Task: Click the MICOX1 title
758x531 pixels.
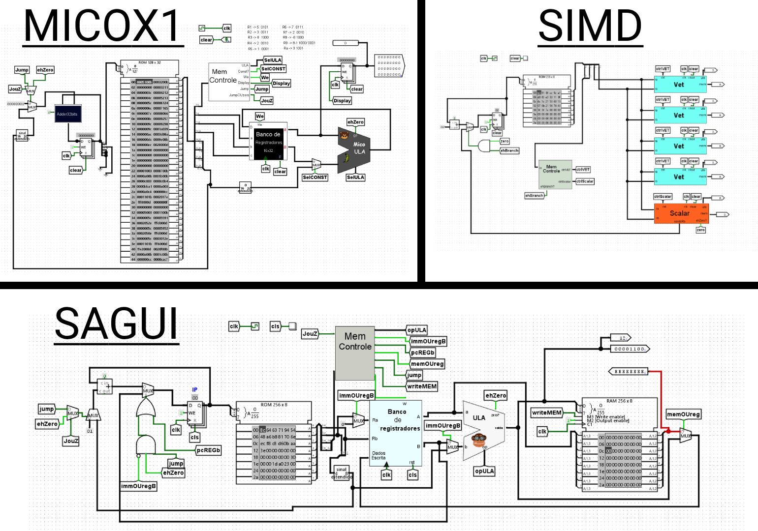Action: (102, 27)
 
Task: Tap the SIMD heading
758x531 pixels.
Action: (590, 27)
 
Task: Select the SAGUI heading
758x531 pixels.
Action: (116, 324)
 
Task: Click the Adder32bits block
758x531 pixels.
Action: (67, 114)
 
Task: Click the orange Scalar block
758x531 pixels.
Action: (681, 213)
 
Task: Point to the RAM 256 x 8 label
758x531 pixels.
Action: (618, 401)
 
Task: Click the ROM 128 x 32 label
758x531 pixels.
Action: (150, 62)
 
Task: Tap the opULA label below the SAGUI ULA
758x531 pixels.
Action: (484, 471)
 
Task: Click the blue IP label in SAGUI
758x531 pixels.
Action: (195, 390)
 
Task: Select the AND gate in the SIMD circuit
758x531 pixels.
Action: (484, 146)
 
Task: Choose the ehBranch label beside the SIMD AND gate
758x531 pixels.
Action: (509, 150)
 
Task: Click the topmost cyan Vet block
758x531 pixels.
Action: (680, 85)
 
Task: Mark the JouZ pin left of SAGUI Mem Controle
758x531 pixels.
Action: (310, 334)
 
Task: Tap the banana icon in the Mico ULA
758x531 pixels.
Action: (346, 158)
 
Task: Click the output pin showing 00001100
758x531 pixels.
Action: (630, 349)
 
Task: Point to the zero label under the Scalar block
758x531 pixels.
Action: (700, 230)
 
